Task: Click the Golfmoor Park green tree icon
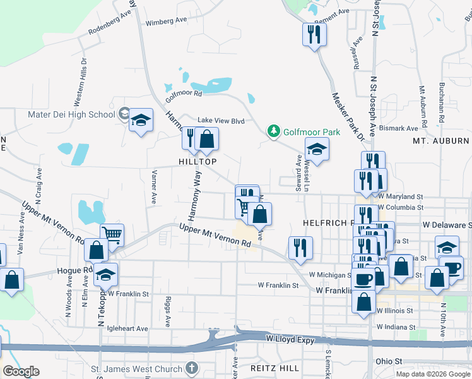[273, 131]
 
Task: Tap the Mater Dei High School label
[71, 114]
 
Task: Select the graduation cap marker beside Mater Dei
[141, 119]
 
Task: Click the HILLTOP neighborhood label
[198, 162]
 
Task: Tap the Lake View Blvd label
[221, 120]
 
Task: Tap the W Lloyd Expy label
[290, 339]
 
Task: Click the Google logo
[21, 371]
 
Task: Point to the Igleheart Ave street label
[127, 328]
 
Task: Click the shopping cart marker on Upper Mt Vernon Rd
[112, 235]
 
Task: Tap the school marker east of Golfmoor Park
[317, 150]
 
